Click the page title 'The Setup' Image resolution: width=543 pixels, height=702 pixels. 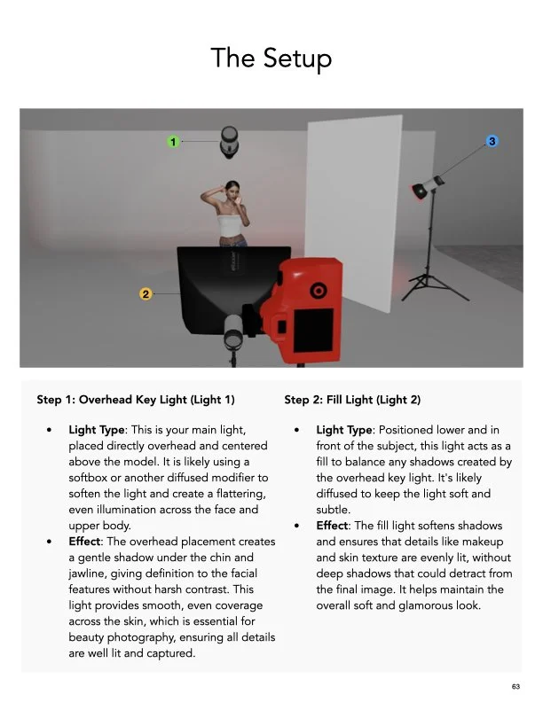click(271, 58)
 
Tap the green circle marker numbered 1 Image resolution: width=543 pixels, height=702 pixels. click(174, 141)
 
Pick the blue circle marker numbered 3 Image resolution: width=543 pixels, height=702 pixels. click(492, 141)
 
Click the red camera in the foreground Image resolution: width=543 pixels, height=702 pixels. click(306, 310)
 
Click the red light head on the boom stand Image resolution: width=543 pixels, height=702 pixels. click(428, 189)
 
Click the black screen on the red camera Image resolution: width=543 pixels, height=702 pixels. click(313, 329)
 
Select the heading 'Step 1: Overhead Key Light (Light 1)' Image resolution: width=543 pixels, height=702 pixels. click(136, 400)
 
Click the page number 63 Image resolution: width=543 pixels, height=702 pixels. click(515, 686)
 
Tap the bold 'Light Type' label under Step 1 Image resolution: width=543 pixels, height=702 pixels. click(98, 430)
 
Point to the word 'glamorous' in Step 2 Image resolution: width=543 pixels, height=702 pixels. click(423, 605)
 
